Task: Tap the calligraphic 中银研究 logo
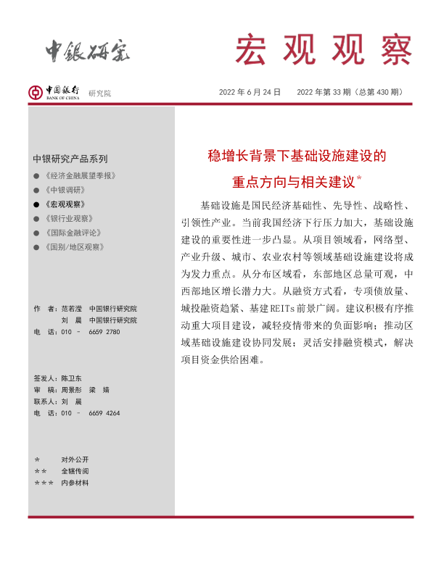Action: pyautogui.click(x=88, y=50)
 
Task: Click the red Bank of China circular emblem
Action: pyautogui.click(x=36, y=92)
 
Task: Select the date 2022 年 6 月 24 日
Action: pyautogui.click(x=250, y=92)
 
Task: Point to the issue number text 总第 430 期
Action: pyautogui.click(x=374, y=92)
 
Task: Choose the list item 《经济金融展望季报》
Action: pyautogui.click(x=80, y=176)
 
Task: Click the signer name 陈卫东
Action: pyautogui.click(x=72, y=378)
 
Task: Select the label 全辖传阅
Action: pyautogui.click(x=75, y=471)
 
